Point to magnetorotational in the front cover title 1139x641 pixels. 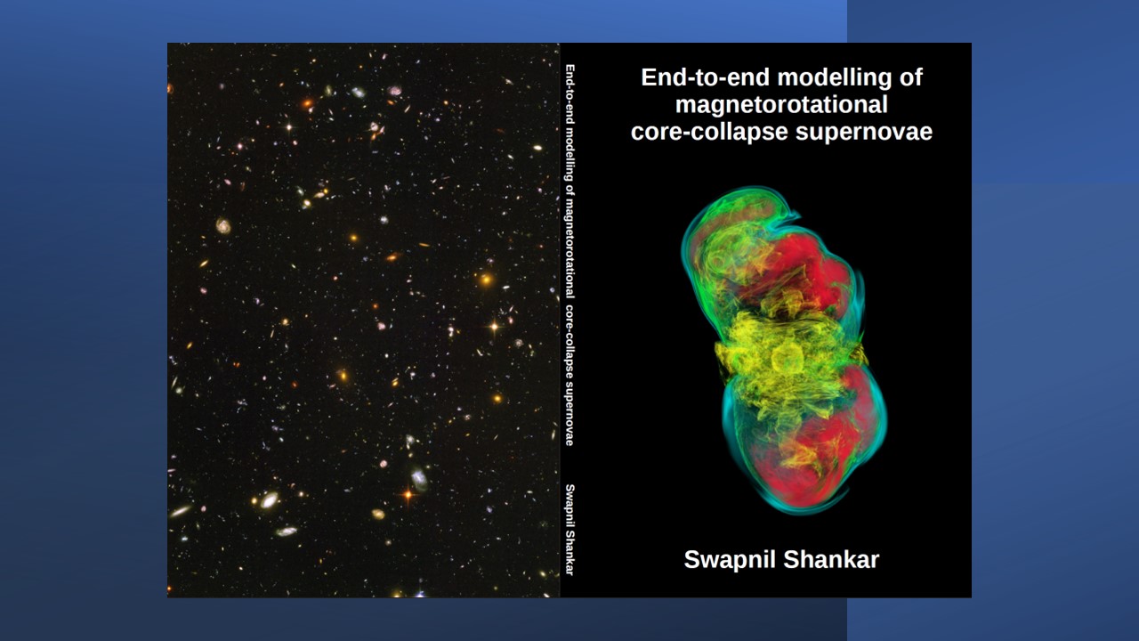click(781, 105)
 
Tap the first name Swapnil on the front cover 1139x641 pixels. click(730, 560)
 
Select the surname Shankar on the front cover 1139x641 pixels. click(831, 560)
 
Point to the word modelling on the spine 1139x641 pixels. click(570, 154)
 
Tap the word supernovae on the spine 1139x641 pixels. click(570, 414)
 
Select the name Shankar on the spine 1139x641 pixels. click(570, 553)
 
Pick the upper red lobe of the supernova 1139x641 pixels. click(809, 270)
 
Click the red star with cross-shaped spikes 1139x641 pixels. click(408, 494)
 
